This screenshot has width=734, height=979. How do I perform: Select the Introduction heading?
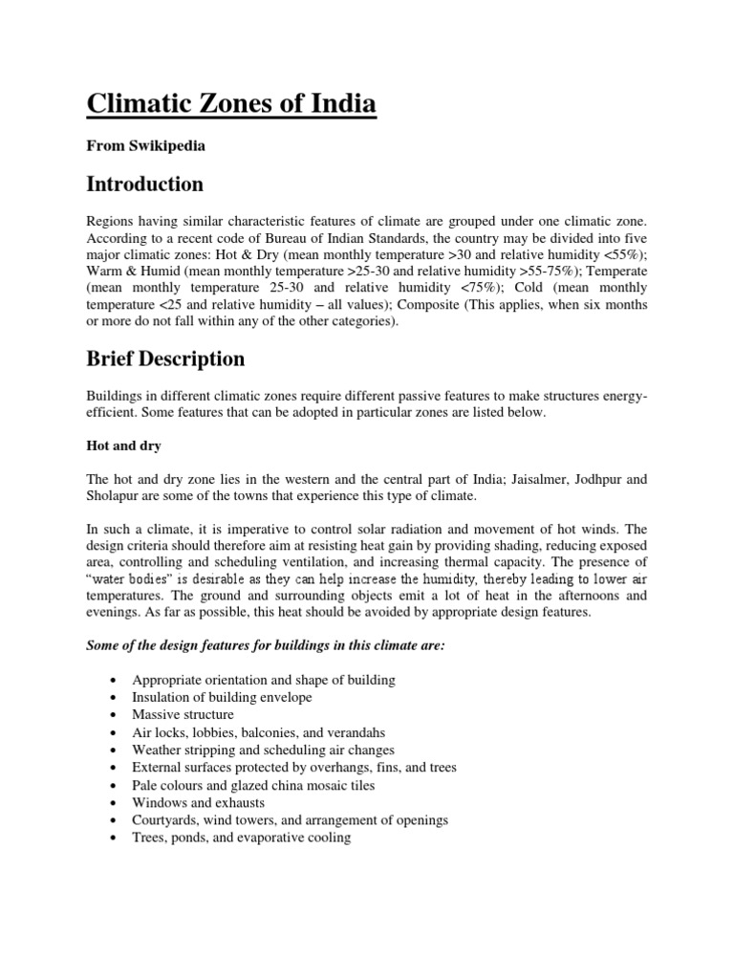click(x=146, y=183)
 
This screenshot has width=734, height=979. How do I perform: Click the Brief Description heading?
click(x=167, y=359)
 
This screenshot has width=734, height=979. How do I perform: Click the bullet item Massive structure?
click(x=183, y=714)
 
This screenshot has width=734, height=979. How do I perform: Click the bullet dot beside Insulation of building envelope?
click(x=115, y=697)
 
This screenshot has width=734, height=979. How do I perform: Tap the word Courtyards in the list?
click(x=165, y=820)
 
